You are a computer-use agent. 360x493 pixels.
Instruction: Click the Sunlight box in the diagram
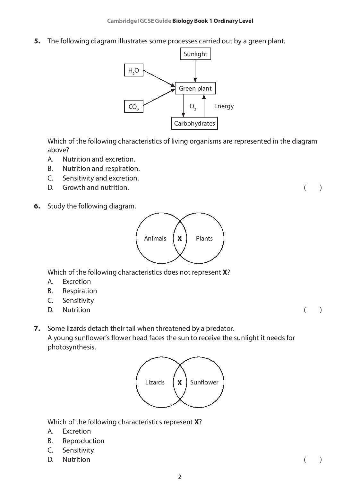coord(195,54)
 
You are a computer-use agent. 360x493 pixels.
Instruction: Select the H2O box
coord(133,70)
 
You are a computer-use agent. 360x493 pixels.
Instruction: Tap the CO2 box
coord(133,107)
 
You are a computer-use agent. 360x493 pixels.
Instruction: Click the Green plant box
coord(195,88)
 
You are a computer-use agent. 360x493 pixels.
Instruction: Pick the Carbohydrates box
coord(194,123)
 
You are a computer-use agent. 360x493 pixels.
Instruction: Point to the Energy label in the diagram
coord(224,106)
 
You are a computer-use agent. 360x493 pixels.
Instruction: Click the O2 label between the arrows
coord(193,106)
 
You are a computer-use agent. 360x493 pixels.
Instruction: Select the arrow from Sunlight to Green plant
coord(195,71)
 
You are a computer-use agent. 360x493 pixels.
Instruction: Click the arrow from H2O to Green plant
coord(159,78)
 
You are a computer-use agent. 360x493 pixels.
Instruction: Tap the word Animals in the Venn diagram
coord(155,238)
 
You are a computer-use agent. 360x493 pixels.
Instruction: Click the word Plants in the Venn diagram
coord(204,238)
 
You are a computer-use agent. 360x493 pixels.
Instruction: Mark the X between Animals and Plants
coord(180,238)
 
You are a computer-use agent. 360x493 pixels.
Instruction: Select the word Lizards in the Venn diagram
coord(155,382)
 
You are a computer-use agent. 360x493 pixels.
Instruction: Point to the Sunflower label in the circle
coord(204,382)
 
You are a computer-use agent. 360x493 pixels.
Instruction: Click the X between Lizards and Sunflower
coord(180,383)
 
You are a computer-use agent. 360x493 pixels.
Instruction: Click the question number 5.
coord(37,41)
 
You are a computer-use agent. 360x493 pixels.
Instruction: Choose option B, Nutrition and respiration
coord(101,168)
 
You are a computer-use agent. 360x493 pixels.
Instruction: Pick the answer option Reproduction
coord(83,441)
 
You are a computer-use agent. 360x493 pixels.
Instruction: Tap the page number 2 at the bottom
coord(180,477)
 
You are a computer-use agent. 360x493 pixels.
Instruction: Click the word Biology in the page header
coord(183,21)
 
